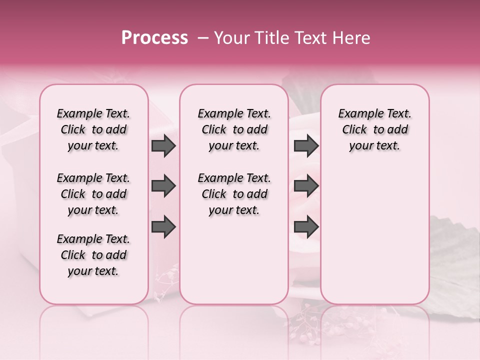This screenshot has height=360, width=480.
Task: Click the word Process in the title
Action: pyautogui.click(x=154, y=38)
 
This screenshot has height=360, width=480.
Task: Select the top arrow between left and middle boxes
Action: pyautogui.click(x=163, y=146)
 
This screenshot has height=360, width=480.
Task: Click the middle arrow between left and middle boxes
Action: pyautogui.click(x=163, y=186)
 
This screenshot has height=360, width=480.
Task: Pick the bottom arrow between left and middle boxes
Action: pyautogui.click(x=163, y=226)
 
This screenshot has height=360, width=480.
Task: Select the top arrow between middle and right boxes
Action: pyautogui.click(x=306, y=146)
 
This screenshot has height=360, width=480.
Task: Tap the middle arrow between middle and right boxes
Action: pyautogui.click(x=306, y=186)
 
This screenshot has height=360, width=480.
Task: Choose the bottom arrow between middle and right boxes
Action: pyautogui.click(x=306, y=226)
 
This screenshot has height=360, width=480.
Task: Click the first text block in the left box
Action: pyautogui.click(x=93, y=129)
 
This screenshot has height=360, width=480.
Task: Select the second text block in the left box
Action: pyautogui.click(x=93, y=194)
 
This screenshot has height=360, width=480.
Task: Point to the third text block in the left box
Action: pyautogui.click(x=93, y=255)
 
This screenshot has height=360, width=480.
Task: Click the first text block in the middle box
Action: pyautogui.click(x=234, y=129)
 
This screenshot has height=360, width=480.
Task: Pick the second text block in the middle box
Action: pyautogui.click(x=234, y=194)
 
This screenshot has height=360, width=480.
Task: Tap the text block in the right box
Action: pyautogui.click(x=374, y=129)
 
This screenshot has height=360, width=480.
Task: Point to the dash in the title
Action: pyautogui.click(x=203, y=38)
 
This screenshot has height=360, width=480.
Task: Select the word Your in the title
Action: pyautogui.click(x=231, y=38)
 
